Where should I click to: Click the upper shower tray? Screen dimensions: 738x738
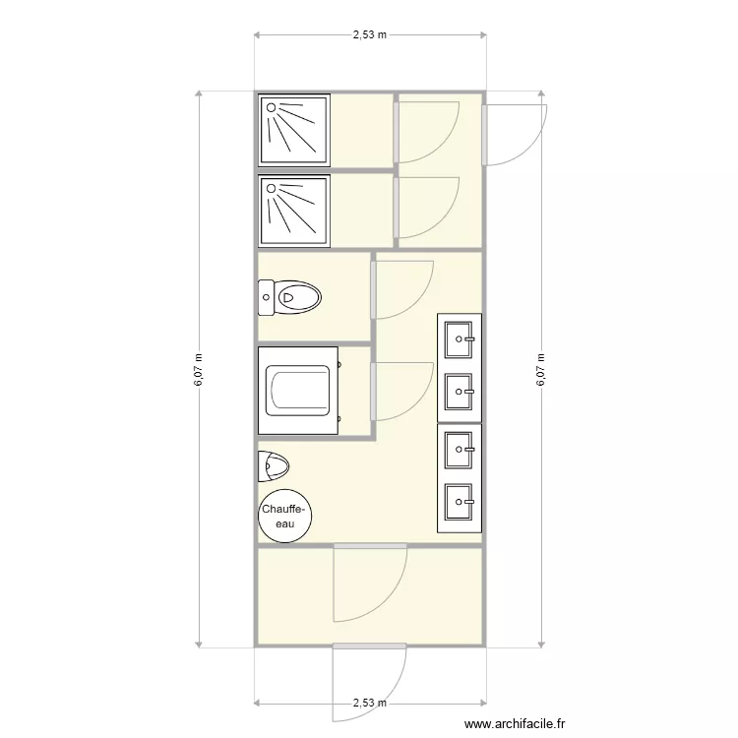pyautogui.click(x=293, y=129)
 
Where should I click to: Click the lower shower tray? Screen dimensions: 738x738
pyautogui.click(x=293, y=211)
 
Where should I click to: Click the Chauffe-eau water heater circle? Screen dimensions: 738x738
pyautogui.click(x=284, y=516)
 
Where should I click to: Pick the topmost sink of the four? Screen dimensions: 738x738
pyautogui.click(x=460, y=340)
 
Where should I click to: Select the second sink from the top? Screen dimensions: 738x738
pyautogui.click(x=460, y=392)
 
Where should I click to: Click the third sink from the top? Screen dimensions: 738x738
pyautogui.click(x=460, y=451)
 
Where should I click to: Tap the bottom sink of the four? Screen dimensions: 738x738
pyautogui.click(x=460, y=503)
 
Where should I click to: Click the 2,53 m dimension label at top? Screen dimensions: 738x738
pyautogui.click(x=369, y=34)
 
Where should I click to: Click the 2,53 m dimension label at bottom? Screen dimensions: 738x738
pyautogui.click(x=369, y=703)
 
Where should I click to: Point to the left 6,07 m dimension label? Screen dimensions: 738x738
pyautogui.click(x=199, y=370)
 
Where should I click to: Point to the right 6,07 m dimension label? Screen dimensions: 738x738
pyautogui.click(x=540, y=370)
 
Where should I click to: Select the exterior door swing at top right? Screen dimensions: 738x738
pyautogui.click(x=517, y=133)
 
